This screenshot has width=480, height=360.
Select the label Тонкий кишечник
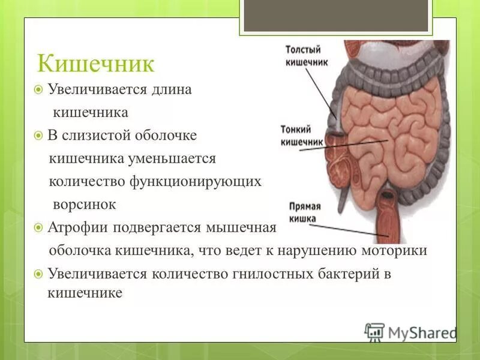[302, 134]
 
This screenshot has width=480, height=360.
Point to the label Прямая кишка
[305, 212]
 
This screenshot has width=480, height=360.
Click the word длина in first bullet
[172, 89]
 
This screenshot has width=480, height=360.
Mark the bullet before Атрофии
[38, 228]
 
